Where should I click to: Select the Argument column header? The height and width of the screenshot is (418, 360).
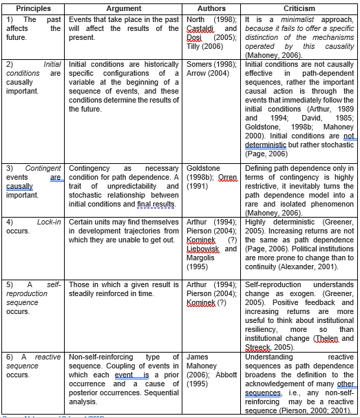(124, 8)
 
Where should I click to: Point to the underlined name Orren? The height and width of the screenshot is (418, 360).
(228, 176)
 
